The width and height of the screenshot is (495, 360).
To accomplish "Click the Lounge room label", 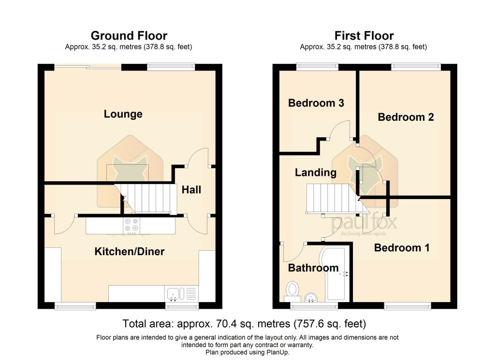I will (x=123, y=114).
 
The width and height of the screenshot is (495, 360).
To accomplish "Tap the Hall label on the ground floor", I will (x=191, y=190).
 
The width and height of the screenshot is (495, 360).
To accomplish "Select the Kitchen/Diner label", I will (x=129, y=251).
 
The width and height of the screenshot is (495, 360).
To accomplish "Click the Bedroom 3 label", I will (x=316, y=103).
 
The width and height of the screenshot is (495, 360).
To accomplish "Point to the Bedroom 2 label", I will (x=406, y=117).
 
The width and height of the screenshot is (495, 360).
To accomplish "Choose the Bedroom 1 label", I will (x=402, y=248).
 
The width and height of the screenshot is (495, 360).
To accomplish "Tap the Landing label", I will (x=316, y=173).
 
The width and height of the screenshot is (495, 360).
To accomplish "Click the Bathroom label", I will (x=313, y=268).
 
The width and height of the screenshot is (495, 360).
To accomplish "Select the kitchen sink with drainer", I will (x=181, y=293).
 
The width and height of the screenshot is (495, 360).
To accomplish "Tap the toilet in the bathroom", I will (x=292, y=289).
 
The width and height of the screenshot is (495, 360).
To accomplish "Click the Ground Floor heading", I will (x=129, y=36).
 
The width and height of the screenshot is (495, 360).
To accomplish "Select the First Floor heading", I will (x=364, y=36).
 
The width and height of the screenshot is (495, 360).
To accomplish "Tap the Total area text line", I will (x=244, y=323).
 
